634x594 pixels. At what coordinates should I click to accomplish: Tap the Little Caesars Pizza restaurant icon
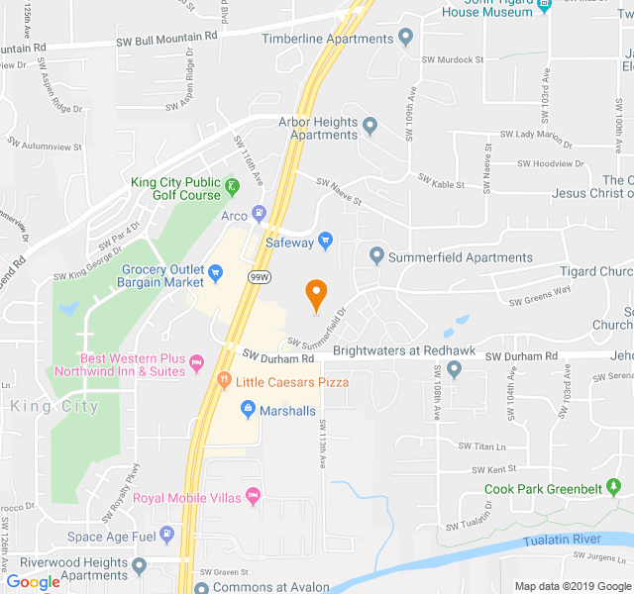[x=224, y=380]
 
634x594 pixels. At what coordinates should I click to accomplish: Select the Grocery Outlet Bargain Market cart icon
[x=215, y=269]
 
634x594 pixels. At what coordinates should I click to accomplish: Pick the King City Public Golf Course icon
[x=231, y=186]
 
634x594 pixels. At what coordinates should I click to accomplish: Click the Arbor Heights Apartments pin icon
[x=370, y=127]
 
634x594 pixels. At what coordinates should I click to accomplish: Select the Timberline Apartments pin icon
[x=404, y=39]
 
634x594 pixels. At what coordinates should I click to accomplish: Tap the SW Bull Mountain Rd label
[x=165, y=38]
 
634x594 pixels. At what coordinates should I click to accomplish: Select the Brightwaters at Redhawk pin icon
[x=454, y=370]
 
